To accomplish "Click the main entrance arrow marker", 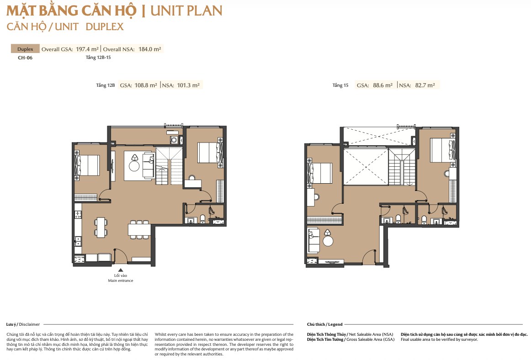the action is [121, 270].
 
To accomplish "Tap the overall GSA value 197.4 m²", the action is [87, 49].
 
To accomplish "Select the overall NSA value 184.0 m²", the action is [150, 49].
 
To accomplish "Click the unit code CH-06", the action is [25, 58].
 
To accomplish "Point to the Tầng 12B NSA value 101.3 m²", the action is [188, 85].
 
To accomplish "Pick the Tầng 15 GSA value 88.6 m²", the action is [382, 85].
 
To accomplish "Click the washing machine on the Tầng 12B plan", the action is [174, 140].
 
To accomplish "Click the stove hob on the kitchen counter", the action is [78, 214].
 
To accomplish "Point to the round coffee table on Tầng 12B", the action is [134, 166].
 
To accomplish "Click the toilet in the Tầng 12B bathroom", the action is [202, 218].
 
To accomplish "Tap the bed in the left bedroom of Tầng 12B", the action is [87, 165].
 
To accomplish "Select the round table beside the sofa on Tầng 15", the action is [328, 241].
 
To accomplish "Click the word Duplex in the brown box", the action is [26, 49].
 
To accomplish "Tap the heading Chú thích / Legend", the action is [325, 324].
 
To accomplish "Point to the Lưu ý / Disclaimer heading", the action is [23, 324].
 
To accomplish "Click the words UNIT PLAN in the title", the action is [186, 11].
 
